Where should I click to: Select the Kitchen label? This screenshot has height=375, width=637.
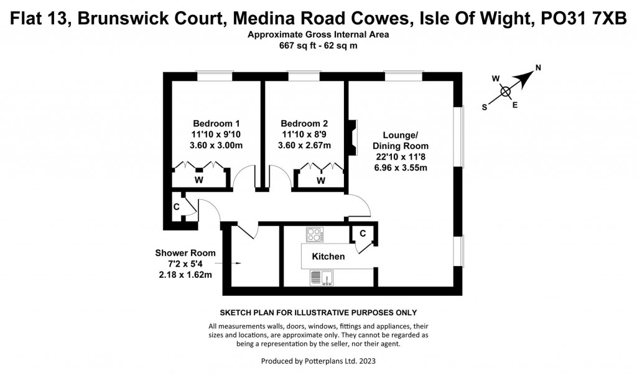coord(328,257)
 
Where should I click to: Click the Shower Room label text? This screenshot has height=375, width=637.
coord(185,253)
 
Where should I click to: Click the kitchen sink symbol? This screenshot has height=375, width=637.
coord(321,277)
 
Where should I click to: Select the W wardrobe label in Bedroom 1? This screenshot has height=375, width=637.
coord(199,181)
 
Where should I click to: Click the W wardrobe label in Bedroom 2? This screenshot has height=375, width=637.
coord(321,181)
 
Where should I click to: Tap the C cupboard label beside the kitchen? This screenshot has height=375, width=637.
coord(361,234)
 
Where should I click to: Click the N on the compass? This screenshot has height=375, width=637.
coord(539,69)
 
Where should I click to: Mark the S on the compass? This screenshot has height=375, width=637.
coord(485,107)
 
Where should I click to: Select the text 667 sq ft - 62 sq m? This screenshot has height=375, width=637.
coord(318,45)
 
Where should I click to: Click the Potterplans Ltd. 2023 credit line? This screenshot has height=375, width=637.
coord(318,361)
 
